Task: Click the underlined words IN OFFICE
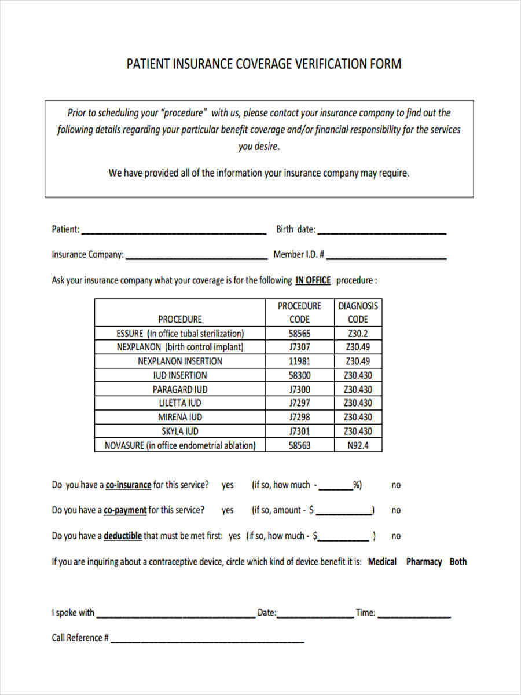tap(313, 280)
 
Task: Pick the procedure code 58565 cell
tap(299, 334)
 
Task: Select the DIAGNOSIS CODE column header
tap(358, 312)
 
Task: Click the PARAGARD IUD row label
tap(180, 389)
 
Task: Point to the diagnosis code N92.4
tap(358, 445)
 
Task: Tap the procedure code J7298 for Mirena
tap(299, 417)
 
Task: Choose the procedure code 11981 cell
tap(299, 361)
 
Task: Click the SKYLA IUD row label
tap(180, 431)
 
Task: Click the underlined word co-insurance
tap(128, 485)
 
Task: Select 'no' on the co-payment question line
tap(396, 510)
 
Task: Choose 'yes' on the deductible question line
tap(234, 536)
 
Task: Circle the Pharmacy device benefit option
tap(424, 562)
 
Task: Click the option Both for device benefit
tap(458, 562)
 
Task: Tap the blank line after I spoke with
tap(175, 614)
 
